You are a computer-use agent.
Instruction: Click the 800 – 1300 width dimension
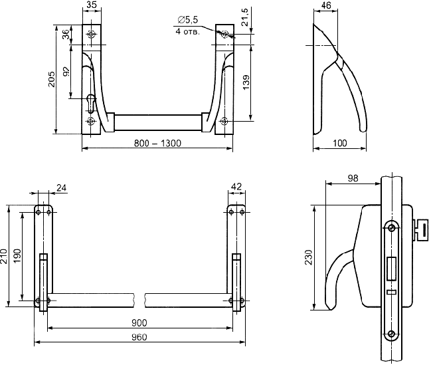click(157, 144)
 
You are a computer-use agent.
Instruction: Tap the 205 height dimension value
click(52, 79)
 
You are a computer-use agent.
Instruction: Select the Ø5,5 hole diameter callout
click(188, 20)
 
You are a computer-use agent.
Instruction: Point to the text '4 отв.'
click(188, 32)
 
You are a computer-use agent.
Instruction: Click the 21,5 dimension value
click(244, 17)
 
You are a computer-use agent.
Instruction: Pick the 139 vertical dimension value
click(246, 82)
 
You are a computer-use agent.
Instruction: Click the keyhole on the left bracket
click(91, 104)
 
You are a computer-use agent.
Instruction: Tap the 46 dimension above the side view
click(325, 5)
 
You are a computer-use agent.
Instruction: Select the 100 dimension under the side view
click(340, 143)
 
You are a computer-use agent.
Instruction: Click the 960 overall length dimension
click(139, 337)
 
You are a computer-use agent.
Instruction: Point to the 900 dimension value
click(139, 323)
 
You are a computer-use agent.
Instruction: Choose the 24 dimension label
click(62, 187)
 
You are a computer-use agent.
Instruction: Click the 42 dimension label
click(236, 187)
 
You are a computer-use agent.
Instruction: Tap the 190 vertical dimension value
click(17, 256)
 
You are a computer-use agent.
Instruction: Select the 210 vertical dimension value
click(3, 256)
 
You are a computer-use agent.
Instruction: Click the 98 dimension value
click(353, 178)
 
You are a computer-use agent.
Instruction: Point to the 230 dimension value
click(309, 257)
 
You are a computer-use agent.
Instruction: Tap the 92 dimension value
click(66, 72)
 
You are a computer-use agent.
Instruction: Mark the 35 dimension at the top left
click(91, 5)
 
